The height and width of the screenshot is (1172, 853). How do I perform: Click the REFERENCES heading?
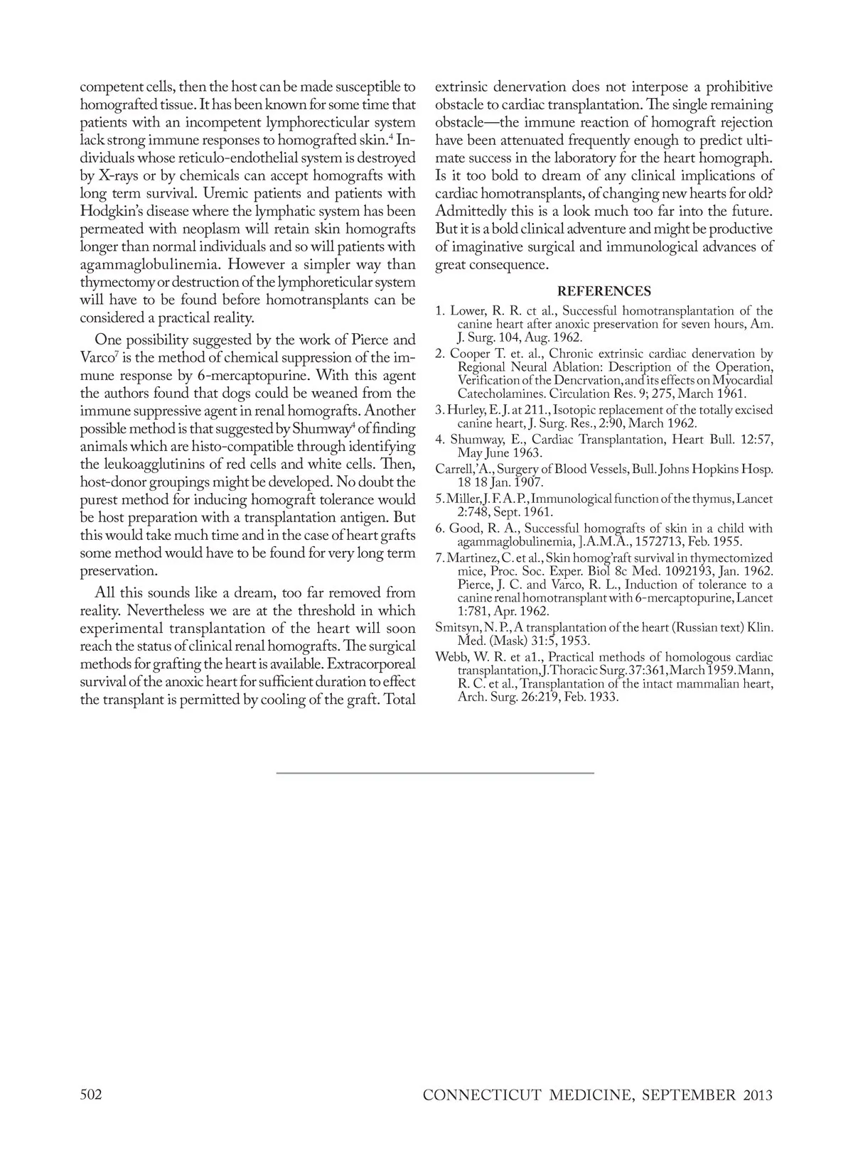(603, 291)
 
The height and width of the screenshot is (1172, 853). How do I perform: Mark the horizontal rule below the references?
(434, 772)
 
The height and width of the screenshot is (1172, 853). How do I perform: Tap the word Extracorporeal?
(371, 663)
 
